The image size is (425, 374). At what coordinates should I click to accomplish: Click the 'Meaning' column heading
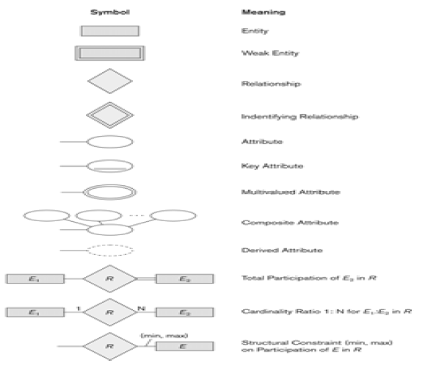tap(258, 13)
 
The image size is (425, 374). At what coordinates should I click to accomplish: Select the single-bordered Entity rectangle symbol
tap(109, 32)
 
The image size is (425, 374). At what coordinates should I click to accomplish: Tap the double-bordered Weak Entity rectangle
tap(109, 54)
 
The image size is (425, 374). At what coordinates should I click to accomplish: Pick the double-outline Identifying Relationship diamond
tap(109, 115)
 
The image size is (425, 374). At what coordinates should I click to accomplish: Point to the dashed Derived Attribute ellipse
tap(110, 251)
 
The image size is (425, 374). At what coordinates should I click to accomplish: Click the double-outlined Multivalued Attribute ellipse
tap(110, 192)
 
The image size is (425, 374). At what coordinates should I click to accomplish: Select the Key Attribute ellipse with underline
tap(110, 167)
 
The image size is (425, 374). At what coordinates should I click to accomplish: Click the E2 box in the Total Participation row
tap(185, 279)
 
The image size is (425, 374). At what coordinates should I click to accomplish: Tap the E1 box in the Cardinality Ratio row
tap(34, 312)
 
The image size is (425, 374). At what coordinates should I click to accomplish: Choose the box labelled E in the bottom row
tap(185, 345)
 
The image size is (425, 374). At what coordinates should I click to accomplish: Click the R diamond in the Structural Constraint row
tap(109, 345)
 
